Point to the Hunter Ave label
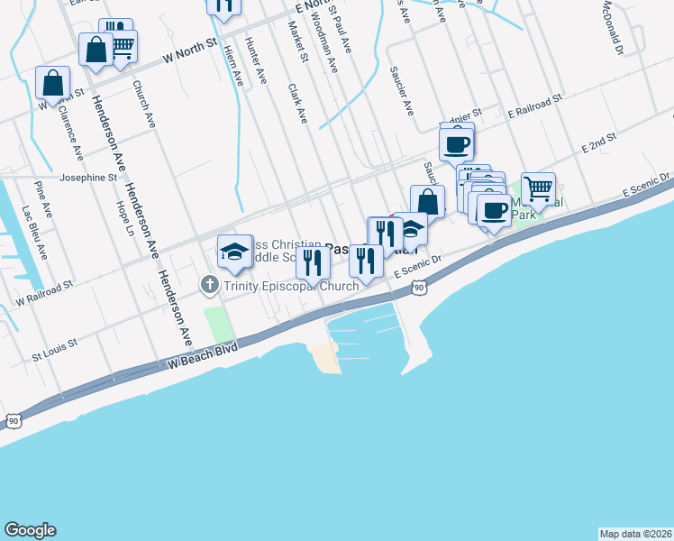pyautogui.click(x=256, y=62)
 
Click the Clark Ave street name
pyautogui.click(x=297, y=105)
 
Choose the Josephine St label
pyautogui.click(x=89, y=178)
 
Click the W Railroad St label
pyautogui.click(x=43, y=292)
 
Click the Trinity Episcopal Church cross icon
pyautogui.click(x=209, y=286)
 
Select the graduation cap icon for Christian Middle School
pyautogui.click(x=235, y=252)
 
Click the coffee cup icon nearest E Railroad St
pyautogui.click(x=457, y=142)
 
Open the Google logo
pyautogui.click(x=30, y=530)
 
